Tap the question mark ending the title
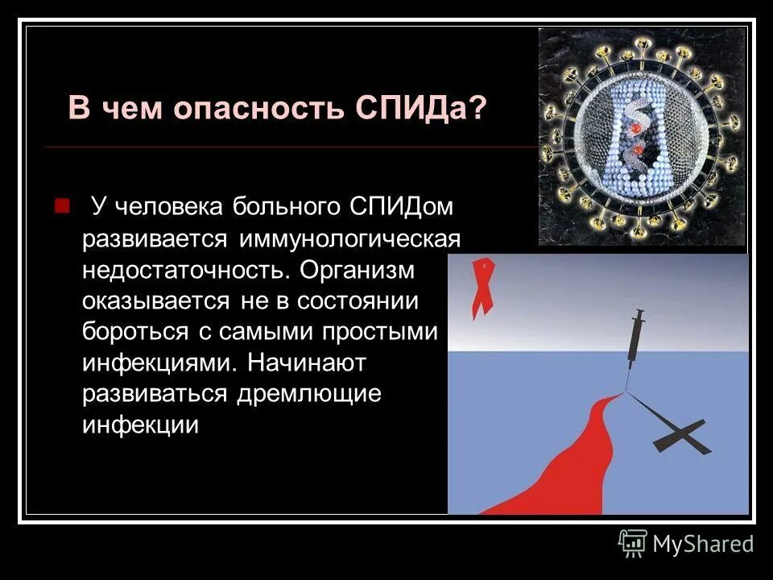point(480,108)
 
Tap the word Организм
point(358,270)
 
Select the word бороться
point(131,331)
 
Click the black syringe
point(635,342)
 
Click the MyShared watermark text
point(703,544)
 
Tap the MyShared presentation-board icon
point(633,543)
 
